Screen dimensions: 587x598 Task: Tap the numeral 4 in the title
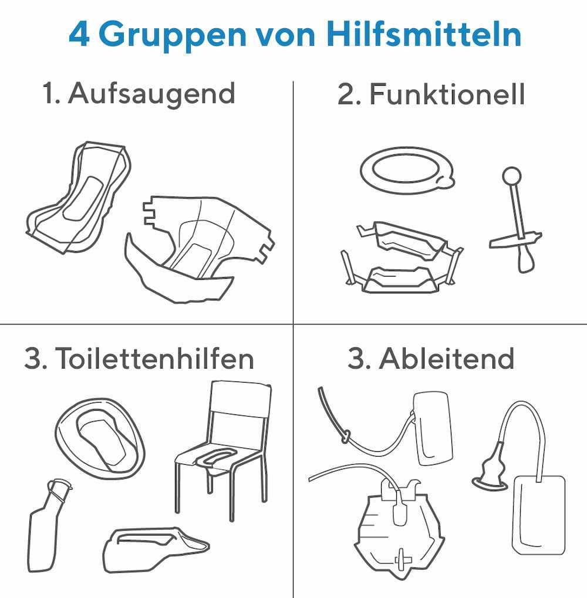point(79,34)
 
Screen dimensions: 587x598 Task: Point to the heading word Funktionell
point(447,94)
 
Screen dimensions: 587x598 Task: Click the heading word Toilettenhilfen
point(154,358)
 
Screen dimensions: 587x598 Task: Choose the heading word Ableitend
point(446,358)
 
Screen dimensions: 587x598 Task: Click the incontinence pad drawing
point(78,197)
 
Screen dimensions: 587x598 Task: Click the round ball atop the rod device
point(511,176)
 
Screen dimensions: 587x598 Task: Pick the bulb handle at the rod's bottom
point(525,259)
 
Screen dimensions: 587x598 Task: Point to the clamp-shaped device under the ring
point(402,258)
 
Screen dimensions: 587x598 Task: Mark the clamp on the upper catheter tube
point(346,436)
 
